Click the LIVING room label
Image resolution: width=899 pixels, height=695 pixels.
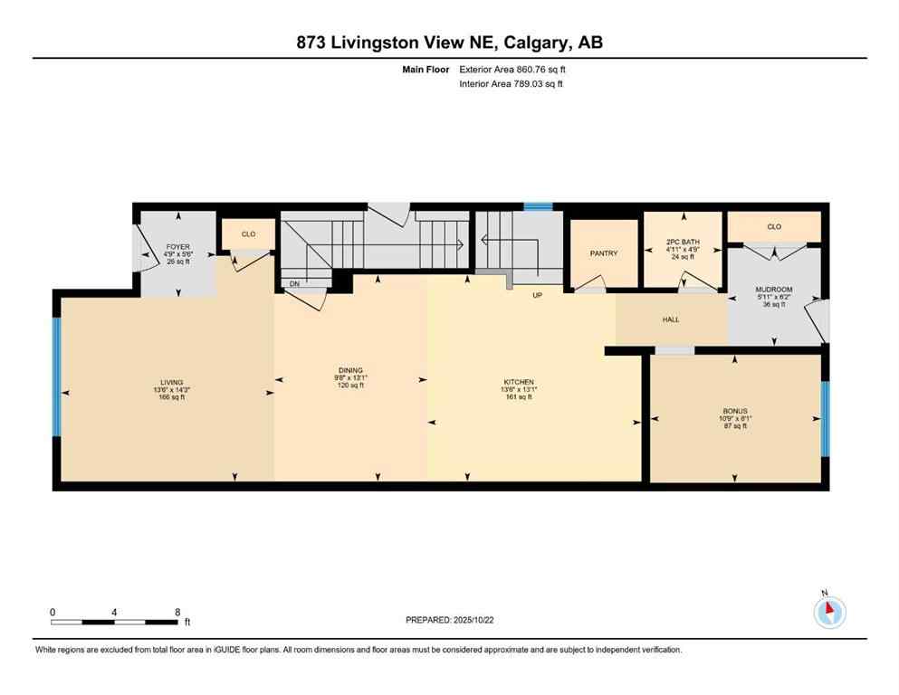(172, 383)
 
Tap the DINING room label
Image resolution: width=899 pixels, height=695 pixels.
(350, 370)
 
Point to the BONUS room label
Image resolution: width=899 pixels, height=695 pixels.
(734, 411)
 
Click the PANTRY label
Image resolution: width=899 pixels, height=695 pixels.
(603, 253)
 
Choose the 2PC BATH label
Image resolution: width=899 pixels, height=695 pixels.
(684, 243)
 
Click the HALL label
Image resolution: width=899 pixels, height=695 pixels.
(671, 319)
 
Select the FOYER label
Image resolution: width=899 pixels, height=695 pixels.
(177, 247)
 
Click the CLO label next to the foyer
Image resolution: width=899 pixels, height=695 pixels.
(248, 233)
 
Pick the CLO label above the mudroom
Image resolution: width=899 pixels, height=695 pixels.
(774, 226)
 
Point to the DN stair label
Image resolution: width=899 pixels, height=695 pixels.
(295, 283)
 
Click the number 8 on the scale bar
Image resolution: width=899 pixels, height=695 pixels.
(177, 612)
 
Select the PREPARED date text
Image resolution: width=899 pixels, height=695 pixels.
(450, 620)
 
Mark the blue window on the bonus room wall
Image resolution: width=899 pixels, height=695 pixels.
(825, 418)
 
